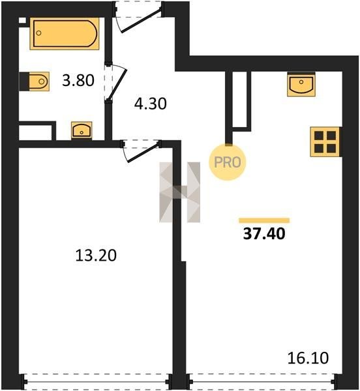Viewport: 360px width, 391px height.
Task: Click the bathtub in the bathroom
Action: point(65,34)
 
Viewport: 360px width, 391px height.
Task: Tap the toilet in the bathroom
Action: point(35,81)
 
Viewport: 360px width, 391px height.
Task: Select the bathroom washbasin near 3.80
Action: point(82,130)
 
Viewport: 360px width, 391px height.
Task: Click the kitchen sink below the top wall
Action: point(301,85)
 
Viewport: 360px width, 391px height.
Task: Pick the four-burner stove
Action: point(325,142)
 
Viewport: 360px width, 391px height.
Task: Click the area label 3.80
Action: point(78,80)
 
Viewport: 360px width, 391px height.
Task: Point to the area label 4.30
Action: point(150,104)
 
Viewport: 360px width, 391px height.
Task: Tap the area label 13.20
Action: point(96,255)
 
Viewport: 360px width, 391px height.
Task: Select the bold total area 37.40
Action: point(264,234)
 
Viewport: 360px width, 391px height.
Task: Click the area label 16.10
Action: point(308,358)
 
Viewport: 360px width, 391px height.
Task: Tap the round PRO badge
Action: point(227,162)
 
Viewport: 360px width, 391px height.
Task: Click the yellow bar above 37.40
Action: point(264,220)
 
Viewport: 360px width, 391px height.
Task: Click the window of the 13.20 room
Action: point(96,381)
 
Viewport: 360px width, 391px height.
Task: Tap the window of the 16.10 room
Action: point(262,381)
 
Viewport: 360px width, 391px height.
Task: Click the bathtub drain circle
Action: point(38,33)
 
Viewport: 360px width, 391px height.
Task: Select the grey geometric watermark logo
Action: point(179,192)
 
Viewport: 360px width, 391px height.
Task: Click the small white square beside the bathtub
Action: point(22,21)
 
